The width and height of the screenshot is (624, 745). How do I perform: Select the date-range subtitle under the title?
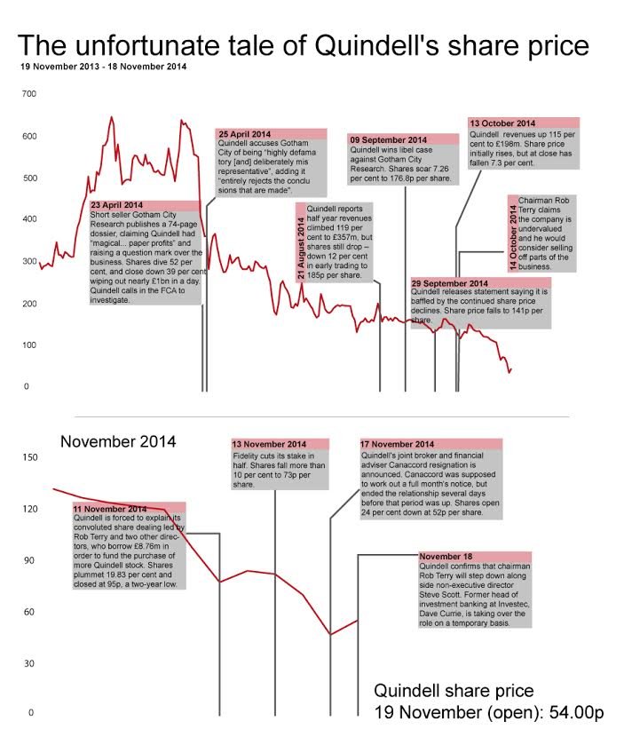(x=103, y=67)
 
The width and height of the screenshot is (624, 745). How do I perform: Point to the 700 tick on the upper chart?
(x=29, y=94)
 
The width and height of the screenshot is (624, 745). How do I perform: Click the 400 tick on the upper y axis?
(x=29, y=219)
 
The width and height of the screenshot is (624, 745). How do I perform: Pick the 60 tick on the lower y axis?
(x=28, y=613)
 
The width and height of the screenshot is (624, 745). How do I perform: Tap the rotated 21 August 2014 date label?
(x=300, y=242)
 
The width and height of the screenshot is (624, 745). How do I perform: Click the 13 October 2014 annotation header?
(x=502, y=123)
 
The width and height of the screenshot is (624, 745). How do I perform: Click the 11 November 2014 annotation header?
(x=111, y=508)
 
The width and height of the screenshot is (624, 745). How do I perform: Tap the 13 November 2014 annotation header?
(x=269, y=444)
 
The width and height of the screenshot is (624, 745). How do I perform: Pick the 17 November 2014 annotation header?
(x=399, y=444)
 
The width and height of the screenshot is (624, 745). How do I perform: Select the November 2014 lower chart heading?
(x=118, y=441)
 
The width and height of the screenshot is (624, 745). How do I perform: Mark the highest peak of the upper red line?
(x=112, y=116)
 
